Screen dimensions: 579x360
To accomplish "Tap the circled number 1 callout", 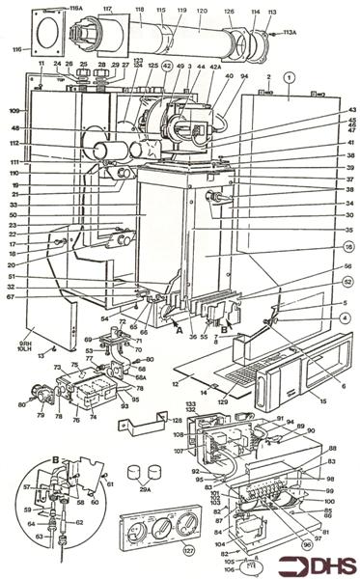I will coord(289,75).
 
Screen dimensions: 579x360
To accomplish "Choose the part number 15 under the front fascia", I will coord(309,400).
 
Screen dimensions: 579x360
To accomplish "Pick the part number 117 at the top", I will coord(107,10).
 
